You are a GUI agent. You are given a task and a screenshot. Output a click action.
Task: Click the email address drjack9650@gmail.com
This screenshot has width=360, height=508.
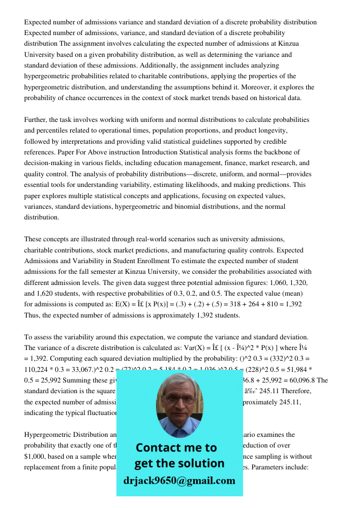point(179,480)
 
